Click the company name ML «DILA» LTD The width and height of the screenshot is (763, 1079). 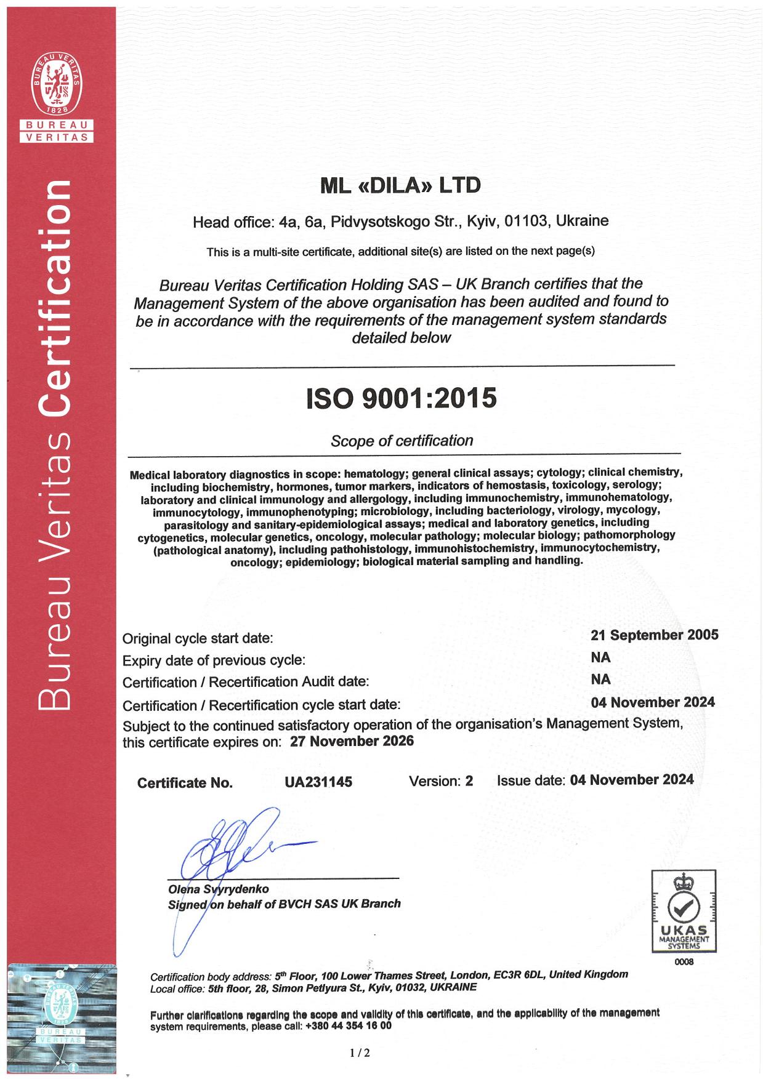pyautogui.click(x=400, y=185)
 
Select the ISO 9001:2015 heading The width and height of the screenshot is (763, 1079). pyautogui.click(x=402, y=398)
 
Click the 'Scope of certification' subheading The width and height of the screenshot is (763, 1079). pyautogui.click(x=402, y=441)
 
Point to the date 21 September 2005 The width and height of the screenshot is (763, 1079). pyautogui.click(x=654, y=635)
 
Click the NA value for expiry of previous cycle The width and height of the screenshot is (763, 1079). pyautogui.click(x=600, y=657)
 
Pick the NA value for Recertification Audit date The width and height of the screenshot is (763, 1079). pyautogui.click(x=600, y=680)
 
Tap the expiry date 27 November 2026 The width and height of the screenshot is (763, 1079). pyautogui.click(x=352, y=741)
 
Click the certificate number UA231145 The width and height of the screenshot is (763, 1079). pyautogui.click(x=318, y=782)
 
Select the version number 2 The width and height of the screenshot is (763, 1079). pyautogui.click(x=469, y=781)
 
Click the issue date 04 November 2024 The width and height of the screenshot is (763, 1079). pyautogui.click(x=632, y=780)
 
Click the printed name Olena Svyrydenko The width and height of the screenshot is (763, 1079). pyautogui.click(x=218, y=889)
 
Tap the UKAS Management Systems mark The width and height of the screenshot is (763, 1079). pyautogui.click(x=684, y=911)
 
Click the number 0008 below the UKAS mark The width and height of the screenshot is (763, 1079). pyautogui.click(x=684, y=963)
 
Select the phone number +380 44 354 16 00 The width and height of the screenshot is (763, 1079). pyautogui.click(x=348, y=1026)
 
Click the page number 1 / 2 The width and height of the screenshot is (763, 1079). pyautogui.click(x=360, y=1053)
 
